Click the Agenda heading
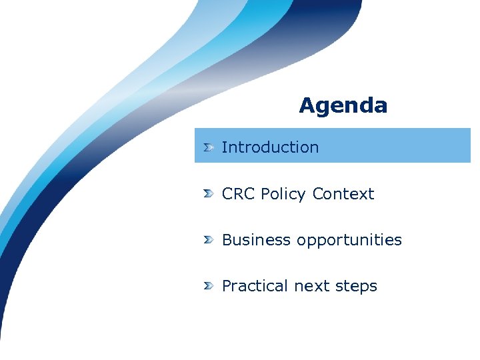tap(343, 105)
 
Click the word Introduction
tap(270, 147)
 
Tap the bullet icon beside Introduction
tap(209, 147)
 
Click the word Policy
tap(284, 194)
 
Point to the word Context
tap(343, 194)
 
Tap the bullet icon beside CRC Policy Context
tap(209, 193)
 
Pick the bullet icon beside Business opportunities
tap(209, 239)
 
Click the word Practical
tap(255, 286)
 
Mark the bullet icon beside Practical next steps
tap(209, 285)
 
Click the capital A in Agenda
tap(307, 105)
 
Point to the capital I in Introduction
tap(224, 147)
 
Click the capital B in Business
tap(227, 240)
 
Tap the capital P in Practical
tap(227, 286)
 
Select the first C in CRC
tap(227, 194)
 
